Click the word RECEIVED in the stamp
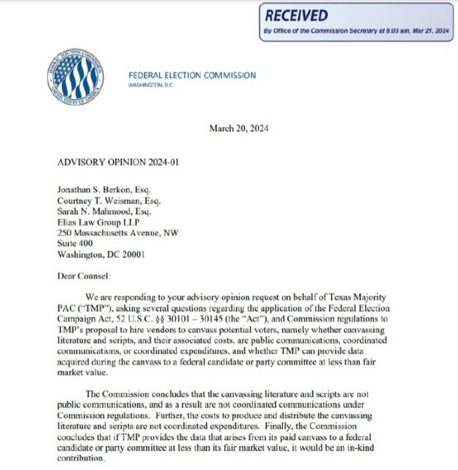[x=297, y=16]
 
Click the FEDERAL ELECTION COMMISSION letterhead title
[x=192, y=75]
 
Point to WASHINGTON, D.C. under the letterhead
[x=151, y=85]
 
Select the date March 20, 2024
[x=239, y=128]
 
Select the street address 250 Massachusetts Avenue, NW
[x=118, y=233]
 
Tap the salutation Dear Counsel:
[x=80, y=276]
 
